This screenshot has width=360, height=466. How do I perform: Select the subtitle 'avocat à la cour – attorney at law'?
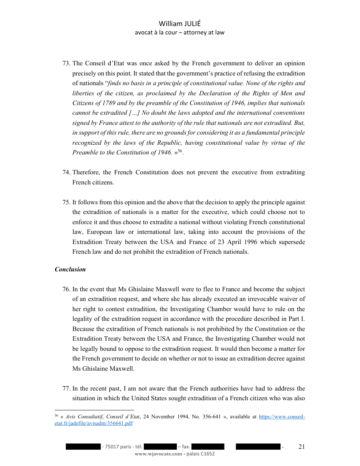click(180, 33)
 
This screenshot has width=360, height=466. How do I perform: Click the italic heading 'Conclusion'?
click(70, 269)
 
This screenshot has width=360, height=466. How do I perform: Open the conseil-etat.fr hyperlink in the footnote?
click(281, 416)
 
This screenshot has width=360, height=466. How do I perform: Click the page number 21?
click(302, 447)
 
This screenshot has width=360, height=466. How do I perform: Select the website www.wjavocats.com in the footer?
click(158, 454)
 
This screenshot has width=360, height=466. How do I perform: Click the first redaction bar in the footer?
click(83, 447)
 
